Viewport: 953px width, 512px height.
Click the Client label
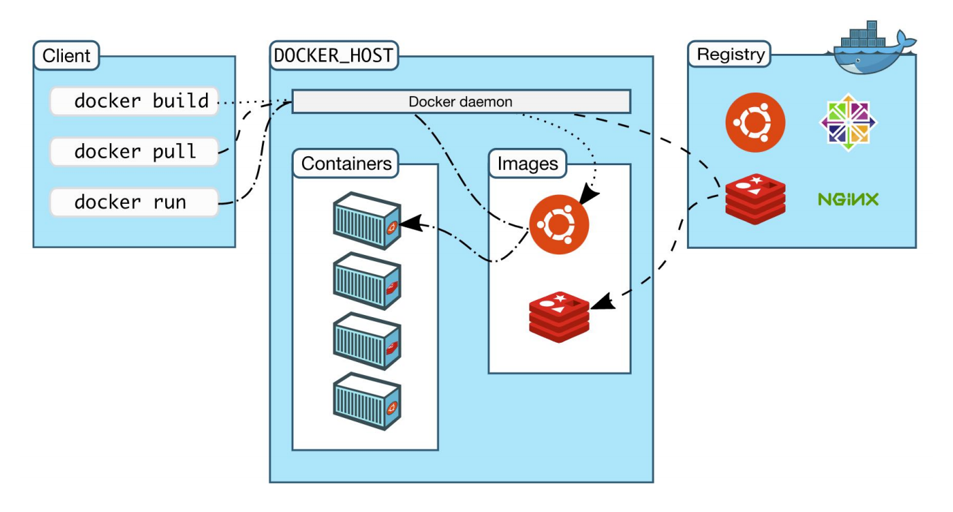coord(66,55)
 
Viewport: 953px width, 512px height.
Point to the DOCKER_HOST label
coord(334,56)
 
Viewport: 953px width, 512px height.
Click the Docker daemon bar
coord(461,102)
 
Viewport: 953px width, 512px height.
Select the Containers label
coord(346,164)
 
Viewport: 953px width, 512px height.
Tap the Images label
coord(527,164)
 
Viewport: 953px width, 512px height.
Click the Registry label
coord(730,55)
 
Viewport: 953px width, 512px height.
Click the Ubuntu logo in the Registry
coord(755,123)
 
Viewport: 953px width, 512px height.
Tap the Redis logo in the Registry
coord(755,199)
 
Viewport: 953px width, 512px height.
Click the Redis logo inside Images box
coord(559,316)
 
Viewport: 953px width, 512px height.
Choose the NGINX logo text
coord(848,200)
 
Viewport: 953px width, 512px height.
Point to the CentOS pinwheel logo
coord(848,123)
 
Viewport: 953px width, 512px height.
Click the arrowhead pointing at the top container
coord(409,223)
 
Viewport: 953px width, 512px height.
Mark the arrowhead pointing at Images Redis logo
coord(601,301)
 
